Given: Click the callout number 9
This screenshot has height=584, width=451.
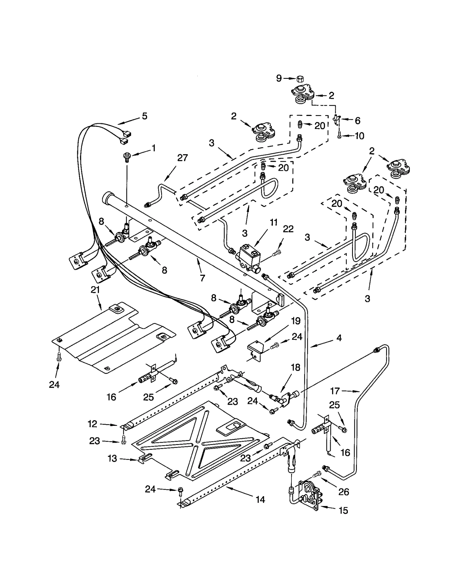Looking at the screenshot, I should tap(279, 78).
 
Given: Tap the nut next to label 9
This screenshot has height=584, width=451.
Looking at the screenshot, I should tap(300, 79).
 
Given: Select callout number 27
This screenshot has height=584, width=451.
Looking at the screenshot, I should tap(182, 158).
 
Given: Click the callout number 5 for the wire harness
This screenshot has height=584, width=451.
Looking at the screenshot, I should tap(144, 116).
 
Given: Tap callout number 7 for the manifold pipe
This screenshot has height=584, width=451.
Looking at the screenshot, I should tap(202, 278).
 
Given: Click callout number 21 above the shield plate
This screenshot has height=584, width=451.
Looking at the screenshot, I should tap(95, 290).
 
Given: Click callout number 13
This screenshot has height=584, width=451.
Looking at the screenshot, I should tap(112, 458).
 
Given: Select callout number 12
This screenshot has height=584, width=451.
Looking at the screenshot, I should tap(92, 424).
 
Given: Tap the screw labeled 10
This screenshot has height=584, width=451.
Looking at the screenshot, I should tap(339, 136).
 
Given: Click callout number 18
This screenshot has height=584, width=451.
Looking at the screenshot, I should tap(296, 367).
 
